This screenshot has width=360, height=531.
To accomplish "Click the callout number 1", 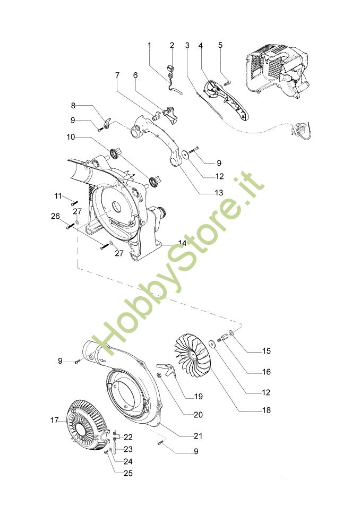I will (x=150, y=45).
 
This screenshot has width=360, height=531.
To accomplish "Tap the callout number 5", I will (x=220, y=45).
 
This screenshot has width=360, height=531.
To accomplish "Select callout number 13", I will (x=219, y=193).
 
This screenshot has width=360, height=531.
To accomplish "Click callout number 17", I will (x=54, y=421).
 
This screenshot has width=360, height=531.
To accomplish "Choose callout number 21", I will (x=198, y=436).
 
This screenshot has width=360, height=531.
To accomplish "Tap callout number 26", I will (x=56, y=216).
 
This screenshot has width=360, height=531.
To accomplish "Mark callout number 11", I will (x=58, y=196).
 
